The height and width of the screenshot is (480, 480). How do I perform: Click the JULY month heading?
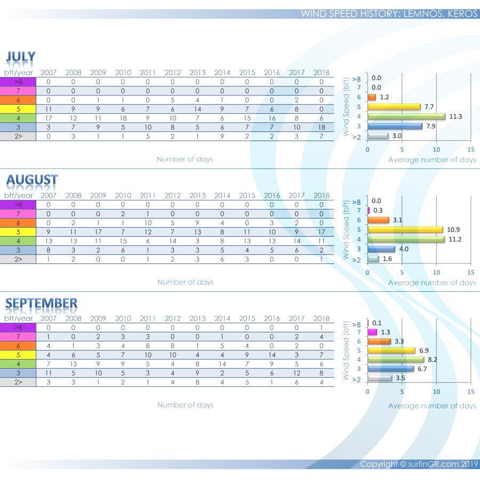[21, 57]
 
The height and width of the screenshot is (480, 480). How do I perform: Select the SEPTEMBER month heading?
[41, 303]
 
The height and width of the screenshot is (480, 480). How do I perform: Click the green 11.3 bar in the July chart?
[406, 116]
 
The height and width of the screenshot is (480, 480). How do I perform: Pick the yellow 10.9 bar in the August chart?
[405, 229]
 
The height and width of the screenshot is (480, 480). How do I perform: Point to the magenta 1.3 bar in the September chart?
[372, 332]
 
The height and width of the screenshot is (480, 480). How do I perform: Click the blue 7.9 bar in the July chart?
[395, 126]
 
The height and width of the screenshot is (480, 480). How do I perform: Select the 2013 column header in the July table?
[197, 73]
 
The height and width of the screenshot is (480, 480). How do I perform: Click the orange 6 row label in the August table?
[18, 222]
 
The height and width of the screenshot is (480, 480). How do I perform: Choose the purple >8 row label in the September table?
[18, 327]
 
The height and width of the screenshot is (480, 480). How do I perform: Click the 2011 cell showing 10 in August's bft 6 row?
[148, 222]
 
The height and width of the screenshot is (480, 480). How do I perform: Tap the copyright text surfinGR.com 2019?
[419, 464]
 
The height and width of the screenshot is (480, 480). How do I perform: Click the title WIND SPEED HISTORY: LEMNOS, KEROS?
[389, 14]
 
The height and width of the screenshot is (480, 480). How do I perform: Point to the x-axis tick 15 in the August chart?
[470, 272]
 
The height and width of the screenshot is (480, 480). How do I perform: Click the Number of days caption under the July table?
[185, 159]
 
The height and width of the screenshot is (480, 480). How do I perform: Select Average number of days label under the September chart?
[432, 406]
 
